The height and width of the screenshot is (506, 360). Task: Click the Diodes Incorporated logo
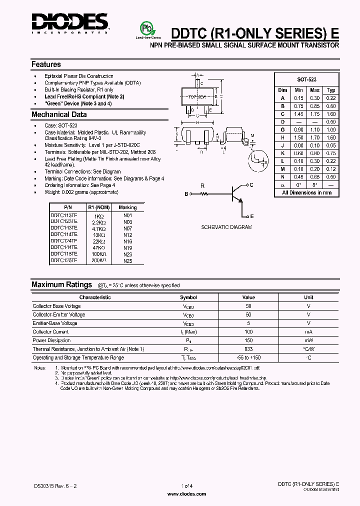(70, 22)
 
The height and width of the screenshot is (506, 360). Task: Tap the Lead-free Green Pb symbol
(148, 28)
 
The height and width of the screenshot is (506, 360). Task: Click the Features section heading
(46, 64)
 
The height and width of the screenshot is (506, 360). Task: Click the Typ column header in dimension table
(330, 90)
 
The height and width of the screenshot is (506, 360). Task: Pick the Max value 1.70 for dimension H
(315, 137)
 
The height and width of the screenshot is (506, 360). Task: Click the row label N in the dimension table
(282, 176)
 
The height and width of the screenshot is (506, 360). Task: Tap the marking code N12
(127, 234)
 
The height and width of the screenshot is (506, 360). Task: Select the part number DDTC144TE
(64, 247)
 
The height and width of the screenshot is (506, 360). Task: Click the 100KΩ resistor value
(97, 254)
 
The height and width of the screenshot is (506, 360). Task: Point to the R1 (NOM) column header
(98, 207)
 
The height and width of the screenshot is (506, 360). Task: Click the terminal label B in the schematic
(186, 193)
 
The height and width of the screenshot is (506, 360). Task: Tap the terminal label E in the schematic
(251, 216)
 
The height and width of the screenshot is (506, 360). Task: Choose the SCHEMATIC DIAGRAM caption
(226, 227)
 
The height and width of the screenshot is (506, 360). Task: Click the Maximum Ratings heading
(61, 284)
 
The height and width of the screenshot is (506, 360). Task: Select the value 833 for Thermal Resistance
(248, 349)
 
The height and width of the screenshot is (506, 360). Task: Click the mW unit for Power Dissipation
(308, 340)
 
